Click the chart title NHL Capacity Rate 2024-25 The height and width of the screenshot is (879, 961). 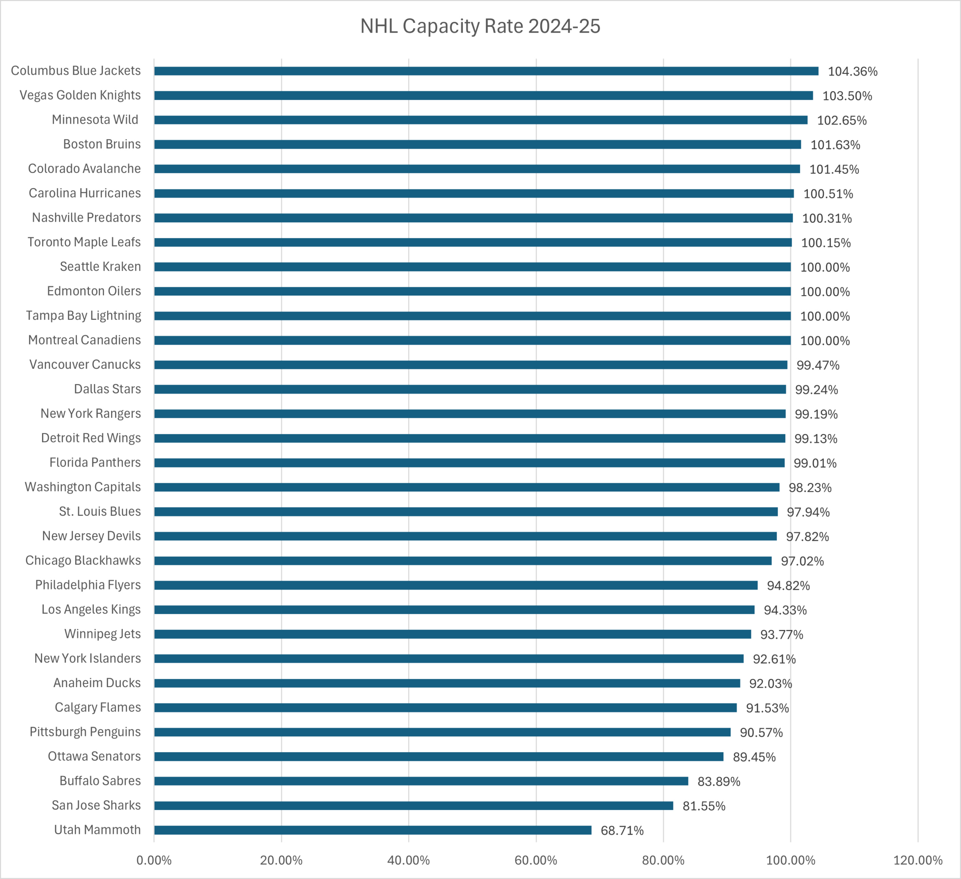tap(480, 26)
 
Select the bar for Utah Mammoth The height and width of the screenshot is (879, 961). tap(372, 830)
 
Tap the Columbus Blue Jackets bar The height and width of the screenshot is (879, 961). tap(486, 71)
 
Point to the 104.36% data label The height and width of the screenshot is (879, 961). tap(852, 71)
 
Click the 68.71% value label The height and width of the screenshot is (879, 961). tap(622, 831)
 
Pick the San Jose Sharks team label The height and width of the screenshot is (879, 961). tap(96, 805)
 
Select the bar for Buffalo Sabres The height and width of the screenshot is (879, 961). tap(421, 781)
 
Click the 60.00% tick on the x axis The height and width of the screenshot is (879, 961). tap(536, 860)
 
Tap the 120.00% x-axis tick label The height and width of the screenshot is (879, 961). tap(917, 860)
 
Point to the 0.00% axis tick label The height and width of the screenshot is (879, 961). tap(154, 860)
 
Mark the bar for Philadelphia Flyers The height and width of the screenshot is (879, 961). tap(456, 585)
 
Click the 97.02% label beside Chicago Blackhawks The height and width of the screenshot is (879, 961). tap(802, 561)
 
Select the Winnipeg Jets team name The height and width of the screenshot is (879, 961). tap(102, 634)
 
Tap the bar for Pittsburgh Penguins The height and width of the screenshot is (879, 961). tap(442, 732)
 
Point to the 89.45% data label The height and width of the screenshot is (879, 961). tap(754, 757)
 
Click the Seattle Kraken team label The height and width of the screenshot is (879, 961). tap(100, 267)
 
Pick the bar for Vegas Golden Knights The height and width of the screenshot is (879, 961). tap(484, 95)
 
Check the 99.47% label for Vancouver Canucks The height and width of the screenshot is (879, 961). tap(818, 365)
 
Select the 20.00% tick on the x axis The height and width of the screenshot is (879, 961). tap(281, 860)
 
